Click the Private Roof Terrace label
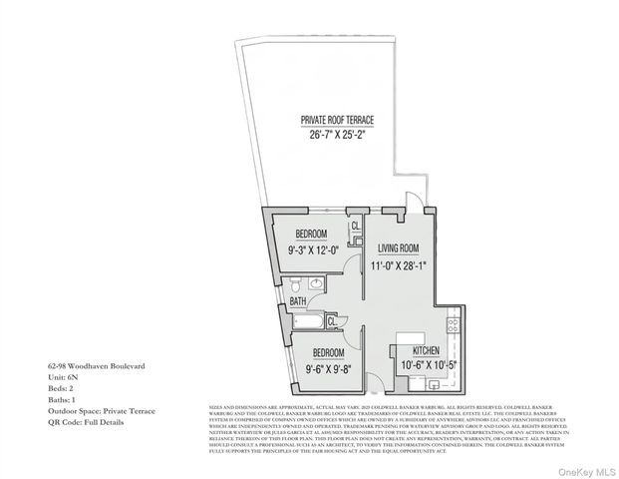(338, 120)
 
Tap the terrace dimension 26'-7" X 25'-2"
(338, 134)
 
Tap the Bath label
(297, 301)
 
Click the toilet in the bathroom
(315, 284)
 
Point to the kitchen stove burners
(453, 324)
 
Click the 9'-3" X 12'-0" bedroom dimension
(313, 250)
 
